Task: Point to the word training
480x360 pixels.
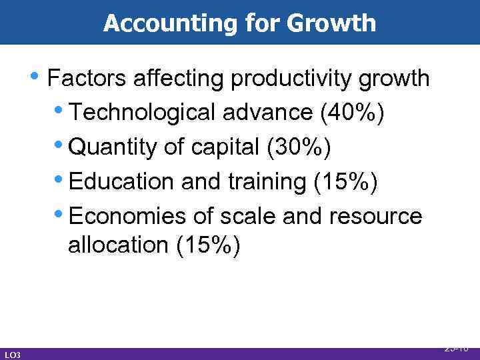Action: tap(265, 181)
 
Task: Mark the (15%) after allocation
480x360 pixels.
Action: tap(208, 245)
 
